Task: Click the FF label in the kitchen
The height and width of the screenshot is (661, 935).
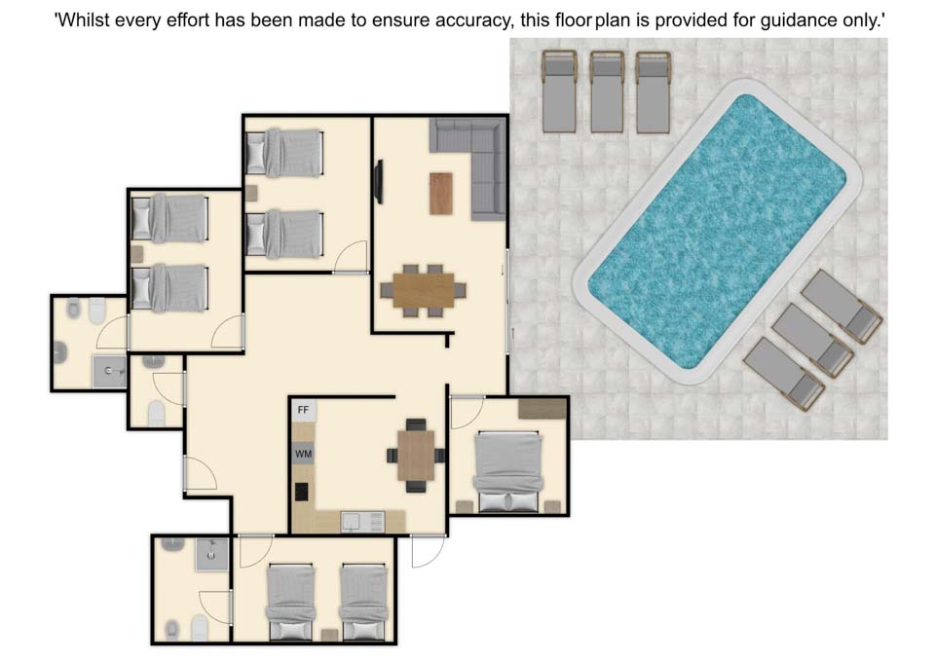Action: pos(303,410)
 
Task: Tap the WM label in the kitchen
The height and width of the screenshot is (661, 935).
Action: pos(303,455)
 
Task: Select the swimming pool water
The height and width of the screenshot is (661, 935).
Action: pos(717,232)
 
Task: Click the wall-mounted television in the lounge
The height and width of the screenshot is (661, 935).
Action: pos(378,182)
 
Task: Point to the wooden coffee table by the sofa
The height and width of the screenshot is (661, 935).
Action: pos(440,193)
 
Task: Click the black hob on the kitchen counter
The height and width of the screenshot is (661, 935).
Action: pos(302,492)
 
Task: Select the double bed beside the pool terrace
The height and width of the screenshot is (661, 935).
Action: pos(508,471)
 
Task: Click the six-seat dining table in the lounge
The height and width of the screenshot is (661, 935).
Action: pos(424,290)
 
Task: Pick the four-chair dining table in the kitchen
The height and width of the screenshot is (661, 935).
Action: pos(416,456)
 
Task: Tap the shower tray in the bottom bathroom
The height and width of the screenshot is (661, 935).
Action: pos(212,555)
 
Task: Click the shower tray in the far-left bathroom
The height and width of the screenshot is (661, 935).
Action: pos(109,372)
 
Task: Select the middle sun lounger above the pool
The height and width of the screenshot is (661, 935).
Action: pos(607,92)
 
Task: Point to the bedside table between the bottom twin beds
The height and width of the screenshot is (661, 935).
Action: pos(329,635)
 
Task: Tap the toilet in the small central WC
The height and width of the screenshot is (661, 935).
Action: pos(156,413)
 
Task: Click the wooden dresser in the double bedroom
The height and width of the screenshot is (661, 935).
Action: pos(542,409)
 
